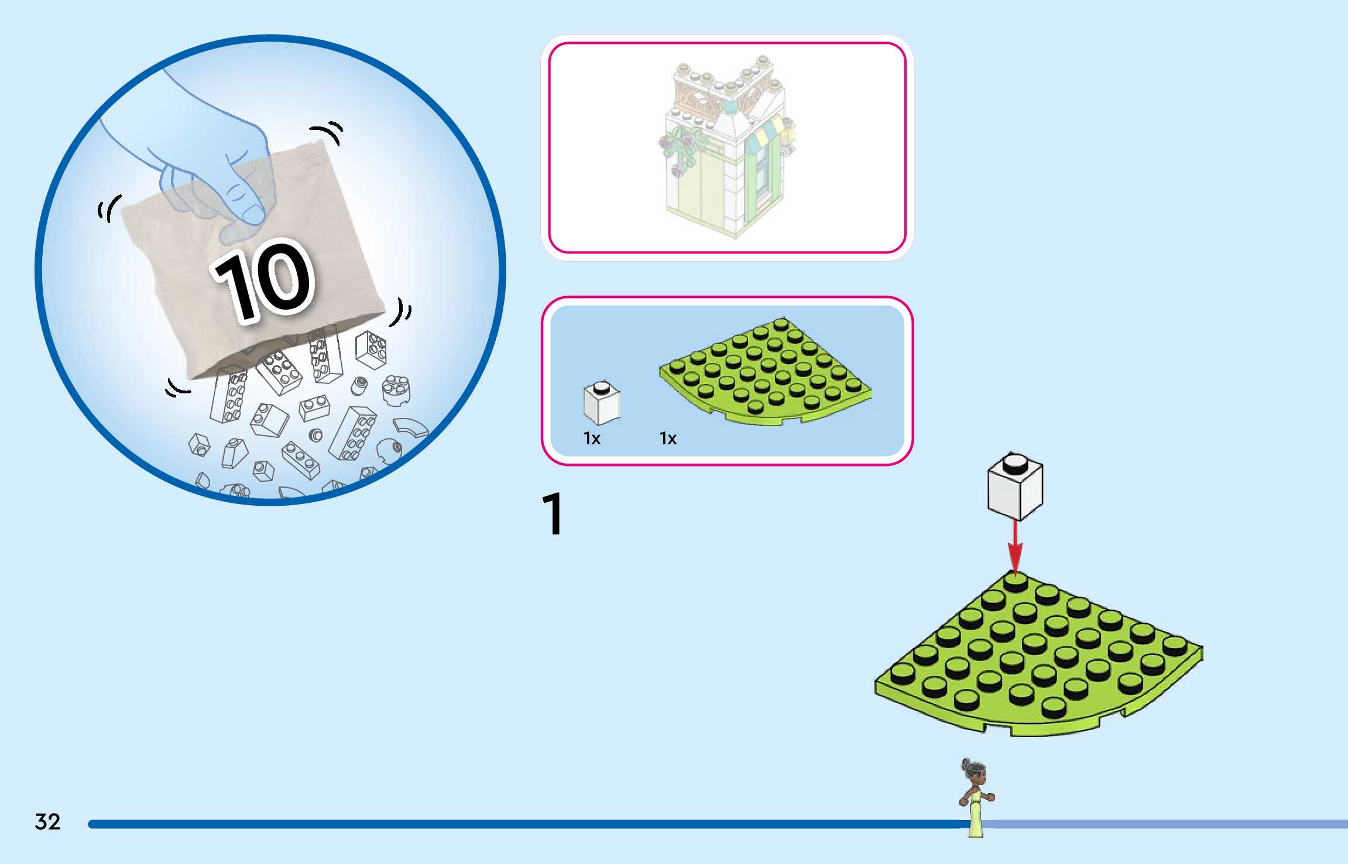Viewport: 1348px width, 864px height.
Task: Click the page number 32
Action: point(47,821)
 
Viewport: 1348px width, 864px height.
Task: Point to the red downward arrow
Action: point(1015,547)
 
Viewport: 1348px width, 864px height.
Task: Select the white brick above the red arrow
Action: point(1015,489)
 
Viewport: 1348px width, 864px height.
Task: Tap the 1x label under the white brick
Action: point(592,438)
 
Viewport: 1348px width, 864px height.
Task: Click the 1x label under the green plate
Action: point(668,438)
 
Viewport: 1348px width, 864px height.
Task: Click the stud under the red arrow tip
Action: point(1015,583)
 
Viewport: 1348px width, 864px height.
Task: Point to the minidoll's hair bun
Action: point(966,763)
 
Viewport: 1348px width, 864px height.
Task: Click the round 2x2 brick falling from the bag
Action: point(396,389)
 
